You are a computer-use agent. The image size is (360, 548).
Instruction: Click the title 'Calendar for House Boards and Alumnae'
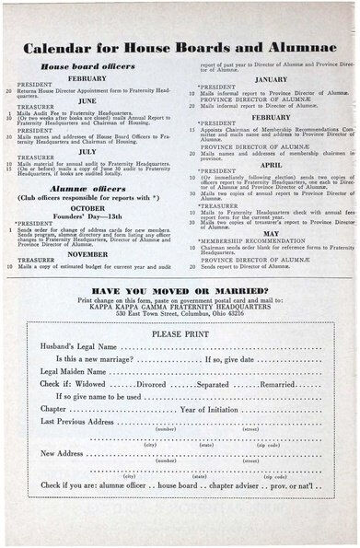[x=180, y=47]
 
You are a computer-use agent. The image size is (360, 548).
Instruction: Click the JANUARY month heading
[x=271, y=79]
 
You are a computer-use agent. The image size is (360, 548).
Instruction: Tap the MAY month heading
[x=271, y=233]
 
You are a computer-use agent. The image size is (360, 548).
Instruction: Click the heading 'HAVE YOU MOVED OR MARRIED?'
[x=180, y=289]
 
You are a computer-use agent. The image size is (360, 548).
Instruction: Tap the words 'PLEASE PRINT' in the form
[x=180, y=333]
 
